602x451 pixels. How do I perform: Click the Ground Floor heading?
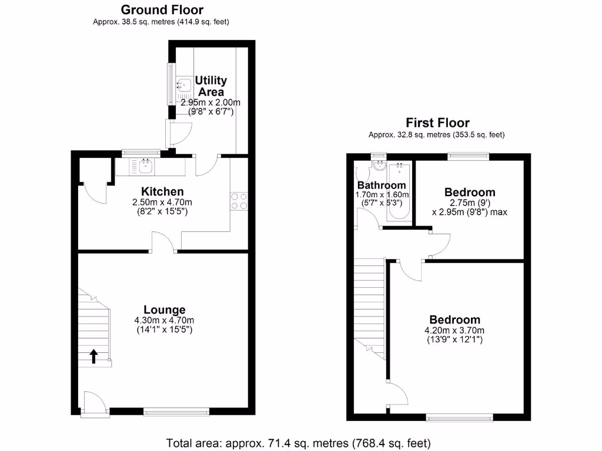pos(162,10)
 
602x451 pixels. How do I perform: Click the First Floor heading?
pos(437,123)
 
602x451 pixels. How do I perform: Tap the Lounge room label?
pos(165,309)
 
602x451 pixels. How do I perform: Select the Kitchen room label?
pos(162,191)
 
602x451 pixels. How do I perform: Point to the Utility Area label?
pos(211,86)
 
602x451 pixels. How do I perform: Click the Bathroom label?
pos(383,186)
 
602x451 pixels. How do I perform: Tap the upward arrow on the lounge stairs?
pos(93,355)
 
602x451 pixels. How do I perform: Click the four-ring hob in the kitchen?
pos(239,201)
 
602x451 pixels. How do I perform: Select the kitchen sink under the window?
pos(145,167)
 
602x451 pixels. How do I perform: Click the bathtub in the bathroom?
pos(399,192)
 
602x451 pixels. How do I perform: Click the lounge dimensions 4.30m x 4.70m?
pos(164,321)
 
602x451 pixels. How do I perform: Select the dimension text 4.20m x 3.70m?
pos(454,331)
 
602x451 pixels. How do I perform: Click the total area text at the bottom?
pos(299,442)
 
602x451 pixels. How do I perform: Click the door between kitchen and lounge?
pos(164,243)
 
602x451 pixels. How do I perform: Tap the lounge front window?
pos(176,412)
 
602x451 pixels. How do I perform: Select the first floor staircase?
pos(369,305)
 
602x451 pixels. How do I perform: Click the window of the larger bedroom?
pos(460,418)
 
